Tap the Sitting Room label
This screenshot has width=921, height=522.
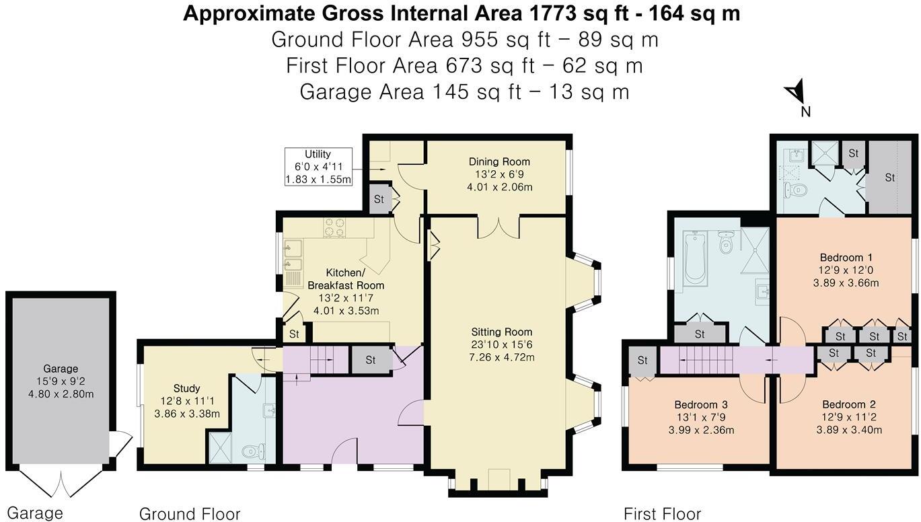(501, 332)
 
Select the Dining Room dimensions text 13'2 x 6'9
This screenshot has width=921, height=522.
(499, 174)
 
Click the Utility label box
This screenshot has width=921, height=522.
(318, 167)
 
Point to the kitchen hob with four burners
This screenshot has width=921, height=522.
(334, 227)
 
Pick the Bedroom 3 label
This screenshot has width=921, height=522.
(700, 405)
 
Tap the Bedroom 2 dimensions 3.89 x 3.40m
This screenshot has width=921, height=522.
(848, 431)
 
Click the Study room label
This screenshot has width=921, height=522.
(186, 388)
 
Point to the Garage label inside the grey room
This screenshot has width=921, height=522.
(61, 369)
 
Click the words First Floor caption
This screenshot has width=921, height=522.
(662, 514)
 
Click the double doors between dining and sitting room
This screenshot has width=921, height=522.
(498, 227)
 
